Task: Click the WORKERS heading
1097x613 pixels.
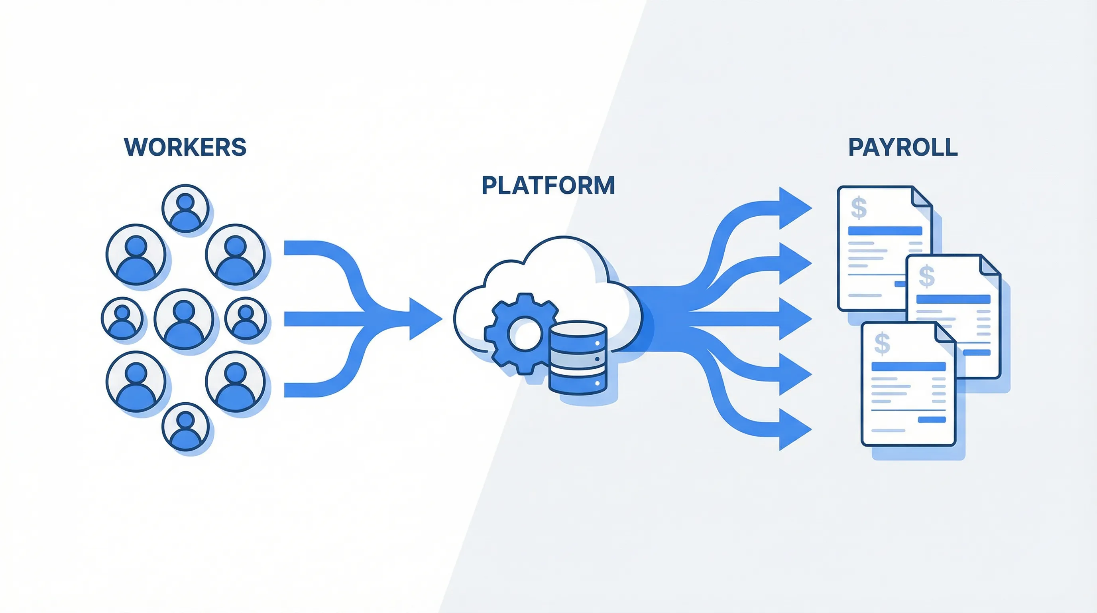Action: tap(185, 147)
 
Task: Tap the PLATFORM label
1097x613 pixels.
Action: tap(548, 186)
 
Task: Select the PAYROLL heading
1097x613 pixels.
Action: tap(903, 147)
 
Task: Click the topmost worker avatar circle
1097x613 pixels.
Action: tap(185, 208)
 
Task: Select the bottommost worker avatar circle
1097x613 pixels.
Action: tap(185, 427)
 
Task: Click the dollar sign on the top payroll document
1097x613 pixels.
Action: tap(859, 208)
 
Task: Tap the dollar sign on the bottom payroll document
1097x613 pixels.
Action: tap(882, 344)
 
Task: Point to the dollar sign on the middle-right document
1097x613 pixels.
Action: tap(927, 276)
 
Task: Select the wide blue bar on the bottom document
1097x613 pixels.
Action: tap(908, 367)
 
